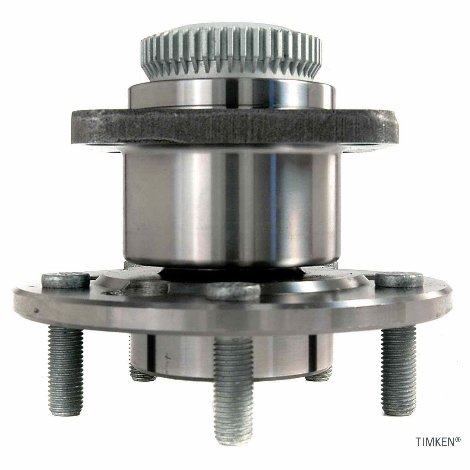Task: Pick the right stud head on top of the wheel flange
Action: [x=399, y=281]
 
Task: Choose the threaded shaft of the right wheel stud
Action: [x=397, y=362]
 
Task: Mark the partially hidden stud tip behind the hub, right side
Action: [x=320, y=376]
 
